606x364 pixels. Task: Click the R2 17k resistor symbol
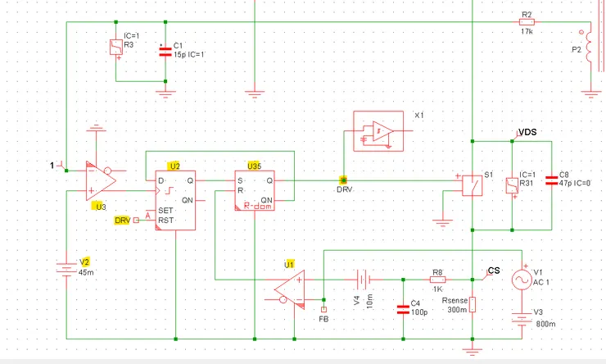pyautogui.click(x=527, y=22)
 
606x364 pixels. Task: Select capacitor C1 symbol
pyautogui.click(x=165, y=52)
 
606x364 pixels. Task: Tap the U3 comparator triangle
pyautogui.click(x=101, y=180)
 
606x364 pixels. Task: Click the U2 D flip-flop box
pyautogui.click(x=175, y=200)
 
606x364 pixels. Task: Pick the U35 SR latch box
pyautogui.click(x=255, y=191)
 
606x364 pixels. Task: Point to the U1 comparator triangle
pyautogui.click(x=289, y=289)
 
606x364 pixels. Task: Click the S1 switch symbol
pyautogui.click(x=473, y=185)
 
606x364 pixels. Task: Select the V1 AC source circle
pyautogui.click(x=522, y=280)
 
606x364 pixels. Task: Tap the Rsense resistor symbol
pyautogui.click(x=473, y=304)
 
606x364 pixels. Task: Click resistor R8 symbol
pyautogui.click(x=437, y=280)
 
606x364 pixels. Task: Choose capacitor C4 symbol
pyautogui.click(x=403, y=309)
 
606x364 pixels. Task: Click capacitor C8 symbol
pyautogui.click(x=551, y=180)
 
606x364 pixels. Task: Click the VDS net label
pyautogui.click(x=527, y=132)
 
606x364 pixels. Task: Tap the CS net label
pyautogui.click(x=494, y=271)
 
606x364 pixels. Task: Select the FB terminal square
pyautogui.click(x=323, y=309)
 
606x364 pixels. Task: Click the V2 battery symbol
pyautogui.click(x=66, y=270)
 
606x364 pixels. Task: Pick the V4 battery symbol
pyautogui.click(x=364, y=280)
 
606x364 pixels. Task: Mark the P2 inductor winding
pyautogui.click(x=589, y=47)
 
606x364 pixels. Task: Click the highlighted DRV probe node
pyautogui.click(x=343, y=180)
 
